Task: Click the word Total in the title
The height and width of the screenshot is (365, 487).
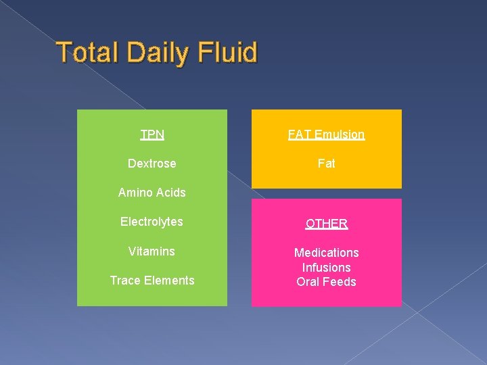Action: click(89, 53)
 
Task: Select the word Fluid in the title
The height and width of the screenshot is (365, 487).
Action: click(226, 53)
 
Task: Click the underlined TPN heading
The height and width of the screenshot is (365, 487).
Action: click(152, 134)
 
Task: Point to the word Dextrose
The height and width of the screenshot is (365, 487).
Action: click(152, 164)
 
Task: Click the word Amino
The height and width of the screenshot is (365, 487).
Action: click(135, 193)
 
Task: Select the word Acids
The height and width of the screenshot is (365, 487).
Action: click(170, 193)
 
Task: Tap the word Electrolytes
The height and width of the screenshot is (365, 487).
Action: click(152, 222)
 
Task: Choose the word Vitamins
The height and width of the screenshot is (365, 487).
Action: click(152, 251)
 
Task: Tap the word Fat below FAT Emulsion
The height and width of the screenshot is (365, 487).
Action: click(326, 164)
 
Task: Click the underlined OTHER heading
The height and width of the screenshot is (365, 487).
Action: click(326, 223)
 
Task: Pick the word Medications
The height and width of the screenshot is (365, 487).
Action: click(326, 253)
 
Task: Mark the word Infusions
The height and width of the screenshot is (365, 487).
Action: click(326, 268)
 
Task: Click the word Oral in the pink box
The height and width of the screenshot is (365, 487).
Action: click(308, 282)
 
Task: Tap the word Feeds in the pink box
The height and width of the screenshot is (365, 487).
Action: click(340, 282)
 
